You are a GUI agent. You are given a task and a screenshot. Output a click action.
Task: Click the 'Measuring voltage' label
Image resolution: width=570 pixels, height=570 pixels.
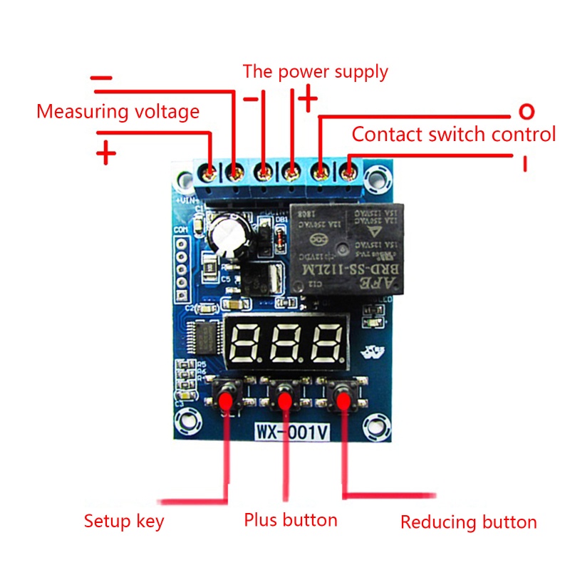tap(118, 112)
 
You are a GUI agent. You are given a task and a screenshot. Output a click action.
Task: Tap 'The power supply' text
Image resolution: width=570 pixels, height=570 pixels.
tap(315, 72)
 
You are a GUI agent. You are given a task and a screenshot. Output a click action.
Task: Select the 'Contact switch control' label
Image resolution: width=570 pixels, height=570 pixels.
tap(453, 135)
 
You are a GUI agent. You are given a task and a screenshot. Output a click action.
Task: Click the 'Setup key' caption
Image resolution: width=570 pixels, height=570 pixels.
tap(123, 521)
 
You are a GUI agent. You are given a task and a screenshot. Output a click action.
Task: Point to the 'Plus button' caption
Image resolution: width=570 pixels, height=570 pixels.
tap(290, 519)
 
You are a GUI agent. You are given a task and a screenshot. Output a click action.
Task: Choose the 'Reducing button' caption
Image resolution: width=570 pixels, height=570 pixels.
tap(468, 522)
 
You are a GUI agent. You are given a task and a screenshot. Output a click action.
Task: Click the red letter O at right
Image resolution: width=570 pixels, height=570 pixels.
tap(526, 111)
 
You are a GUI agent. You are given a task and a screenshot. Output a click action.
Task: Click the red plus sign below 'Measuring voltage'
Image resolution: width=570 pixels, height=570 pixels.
tap(105, 152)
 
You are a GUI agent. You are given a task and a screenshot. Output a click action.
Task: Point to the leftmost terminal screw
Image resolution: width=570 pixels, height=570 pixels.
tap(209, 172)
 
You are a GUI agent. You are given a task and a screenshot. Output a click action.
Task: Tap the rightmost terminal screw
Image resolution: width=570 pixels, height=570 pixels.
tap(348, 172)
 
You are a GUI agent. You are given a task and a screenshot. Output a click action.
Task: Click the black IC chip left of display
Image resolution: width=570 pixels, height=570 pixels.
tap(207, 338)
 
